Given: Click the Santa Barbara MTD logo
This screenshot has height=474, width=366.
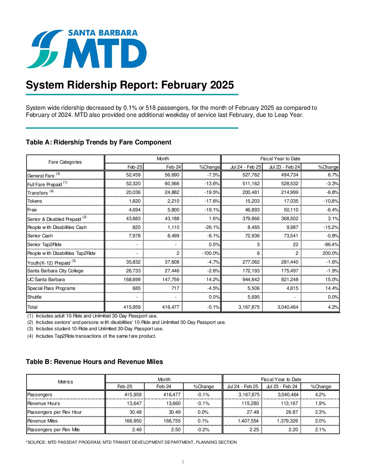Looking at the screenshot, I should coord(86,49).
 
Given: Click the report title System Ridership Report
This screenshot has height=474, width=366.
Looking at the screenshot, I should coord(130,85).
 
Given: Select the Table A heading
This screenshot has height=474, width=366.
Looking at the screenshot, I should coord(99,142).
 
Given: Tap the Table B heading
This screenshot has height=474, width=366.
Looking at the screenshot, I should coord(94,362).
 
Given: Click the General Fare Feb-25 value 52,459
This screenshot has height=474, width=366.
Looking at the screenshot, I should coord(133,175).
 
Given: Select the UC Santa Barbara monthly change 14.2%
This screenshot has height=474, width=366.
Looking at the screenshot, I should coord(212,279).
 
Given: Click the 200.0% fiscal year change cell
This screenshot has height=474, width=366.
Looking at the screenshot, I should coord(330,253).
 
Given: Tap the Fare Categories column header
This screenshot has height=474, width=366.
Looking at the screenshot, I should coord(65,162).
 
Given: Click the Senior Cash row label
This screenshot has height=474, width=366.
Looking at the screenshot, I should coord(40,236).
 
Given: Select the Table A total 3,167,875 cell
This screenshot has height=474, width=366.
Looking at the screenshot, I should coord(249,307).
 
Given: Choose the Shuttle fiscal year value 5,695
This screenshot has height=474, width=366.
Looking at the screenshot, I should coord(253,297).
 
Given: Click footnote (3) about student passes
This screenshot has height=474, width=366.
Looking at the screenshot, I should coord(95,329).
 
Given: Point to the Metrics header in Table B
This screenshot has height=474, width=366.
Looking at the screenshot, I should coord(65,382).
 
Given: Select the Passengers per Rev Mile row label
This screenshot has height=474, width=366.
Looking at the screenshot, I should coord(53,430).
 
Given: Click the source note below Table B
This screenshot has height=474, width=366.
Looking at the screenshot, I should coord(131,442).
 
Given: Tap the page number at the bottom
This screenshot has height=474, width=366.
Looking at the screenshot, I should coord(183,462).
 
